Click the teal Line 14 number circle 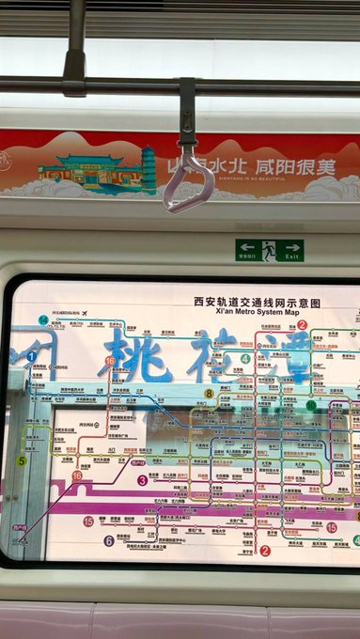tap(43, 319)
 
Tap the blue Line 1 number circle tap(31, 356)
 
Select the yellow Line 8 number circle tap(209, 394)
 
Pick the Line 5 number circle tap(22, 460)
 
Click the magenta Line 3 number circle tap(142, 479)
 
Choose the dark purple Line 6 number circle tap(109, 540)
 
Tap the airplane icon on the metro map tap(85, 313)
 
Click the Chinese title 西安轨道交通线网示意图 tap(257, 303)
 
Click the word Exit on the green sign tap(292, 256)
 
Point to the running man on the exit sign tap(269, 250)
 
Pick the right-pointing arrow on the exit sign tap(292, 246)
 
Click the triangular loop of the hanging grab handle tap(188, 183)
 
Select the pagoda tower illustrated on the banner tap(149, 168)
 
